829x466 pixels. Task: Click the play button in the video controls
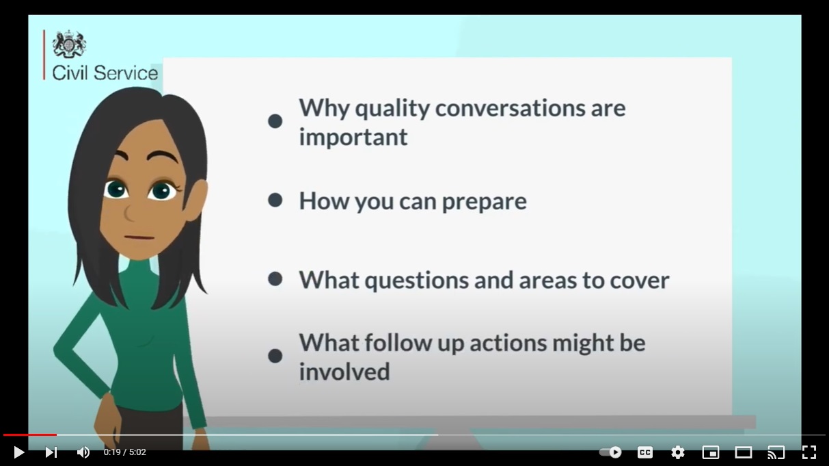coord(19,452)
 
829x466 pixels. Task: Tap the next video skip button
coord(51,452)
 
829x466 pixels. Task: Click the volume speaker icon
coord(83,452)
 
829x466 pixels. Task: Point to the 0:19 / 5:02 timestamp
coord(124,452)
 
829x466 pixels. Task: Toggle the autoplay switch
coord(610,452)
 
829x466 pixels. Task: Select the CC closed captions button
coord(644,452)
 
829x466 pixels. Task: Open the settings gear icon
coord(678,452)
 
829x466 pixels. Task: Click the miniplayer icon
coord(711,452)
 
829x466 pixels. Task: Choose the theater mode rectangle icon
coord(743,452)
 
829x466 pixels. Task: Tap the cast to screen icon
coord(776,452)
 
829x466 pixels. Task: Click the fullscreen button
coord(809,452)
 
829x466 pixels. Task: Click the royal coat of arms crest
coord(69,44)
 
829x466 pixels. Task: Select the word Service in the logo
coord(126,73)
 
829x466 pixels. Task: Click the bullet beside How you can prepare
coord(275,200)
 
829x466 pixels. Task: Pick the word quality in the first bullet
coord(392,109)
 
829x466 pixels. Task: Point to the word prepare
coord(485,203)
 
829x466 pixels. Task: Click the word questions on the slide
coord(417,281)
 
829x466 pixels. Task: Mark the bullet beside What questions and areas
coord(275,279)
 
